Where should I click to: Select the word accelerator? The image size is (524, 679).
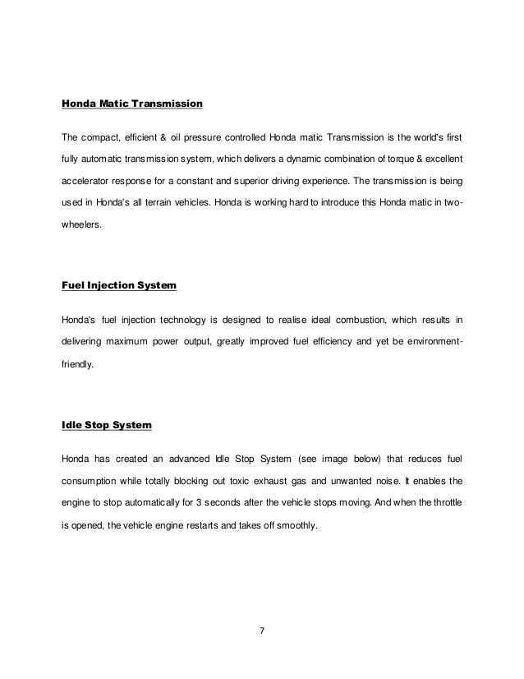coord(90,178)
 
